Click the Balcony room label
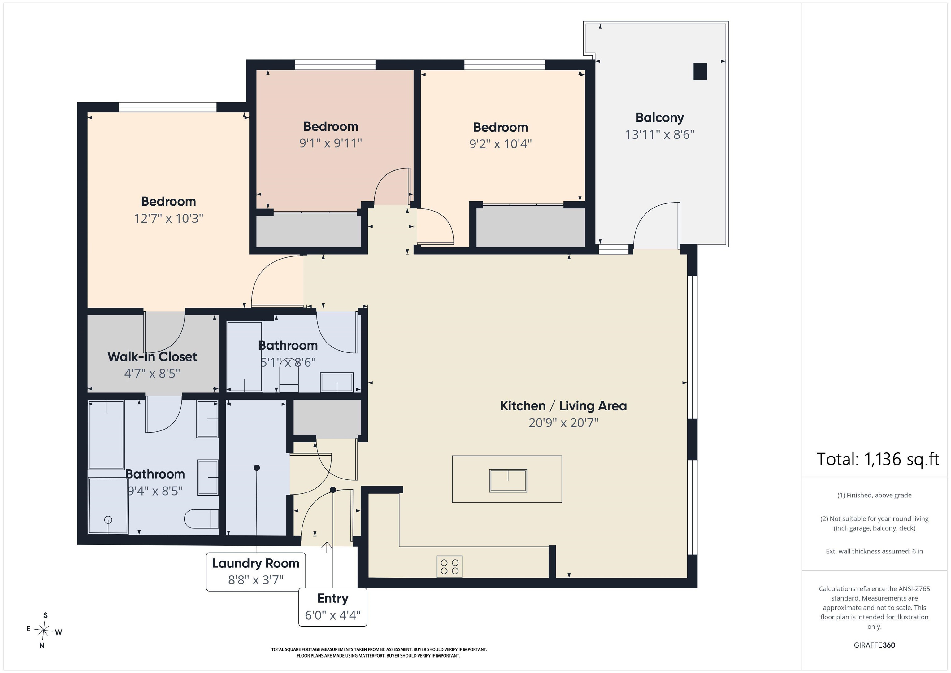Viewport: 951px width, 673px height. (x=659, y=118)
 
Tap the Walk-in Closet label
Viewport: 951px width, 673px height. (x=152, y=356)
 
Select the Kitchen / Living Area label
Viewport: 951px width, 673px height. (x=563, y=406)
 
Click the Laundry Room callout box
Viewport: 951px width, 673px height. (x=256, y=571)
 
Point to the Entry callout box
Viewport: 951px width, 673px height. (x=332, y=607)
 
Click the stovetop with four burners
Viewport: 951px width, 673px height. (x=449, y=566)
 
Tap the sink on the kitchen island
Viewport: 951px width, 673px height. (x=508, y=480)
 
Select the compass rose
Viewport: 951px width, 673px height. (x=43, y=630)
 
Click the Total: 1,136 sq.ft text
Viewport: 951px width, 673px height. (x=877, y=459)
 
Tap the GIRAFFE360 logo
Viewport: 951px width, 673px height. (x=874, y=645)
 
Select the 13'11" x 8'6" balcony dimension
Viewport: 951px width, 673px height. (x=659, y=135)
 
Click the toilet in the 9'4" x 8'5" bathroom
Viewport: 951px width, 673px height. (x=201, y=518)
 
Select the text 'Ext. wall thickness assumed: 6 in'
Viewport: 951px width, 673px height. (x=874, y=551)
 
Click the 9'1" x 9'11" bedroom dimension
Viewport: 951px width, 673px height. (x=331, y=143)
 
